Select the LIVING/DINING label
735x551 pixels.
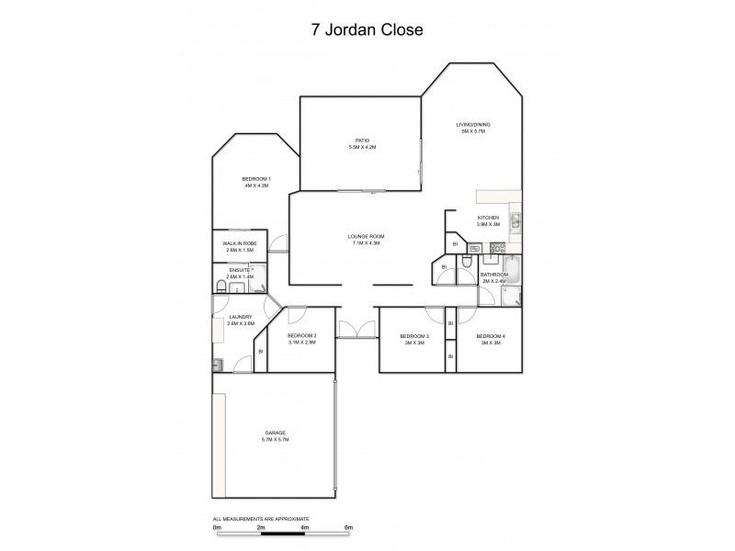click(473, 124)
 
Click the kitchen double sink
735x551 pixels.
click(515, 219)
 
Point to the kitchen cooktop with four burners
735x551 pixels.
click(497, 248)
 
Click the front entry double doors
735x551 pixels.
click(356, 330)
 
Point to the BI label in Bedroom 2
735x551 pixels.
click(260, 351)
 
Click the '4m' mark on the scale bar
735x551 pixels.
click(304, 528)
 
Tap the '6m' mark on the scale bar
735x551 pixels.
click(348, 528)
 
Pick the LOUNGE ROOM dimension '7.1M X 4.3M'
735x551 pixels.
click(364, 243)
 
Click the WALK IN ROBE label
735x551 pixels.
click(240, 243)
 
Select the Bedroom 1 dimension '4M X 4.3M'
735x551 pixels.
click(256, 186)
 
